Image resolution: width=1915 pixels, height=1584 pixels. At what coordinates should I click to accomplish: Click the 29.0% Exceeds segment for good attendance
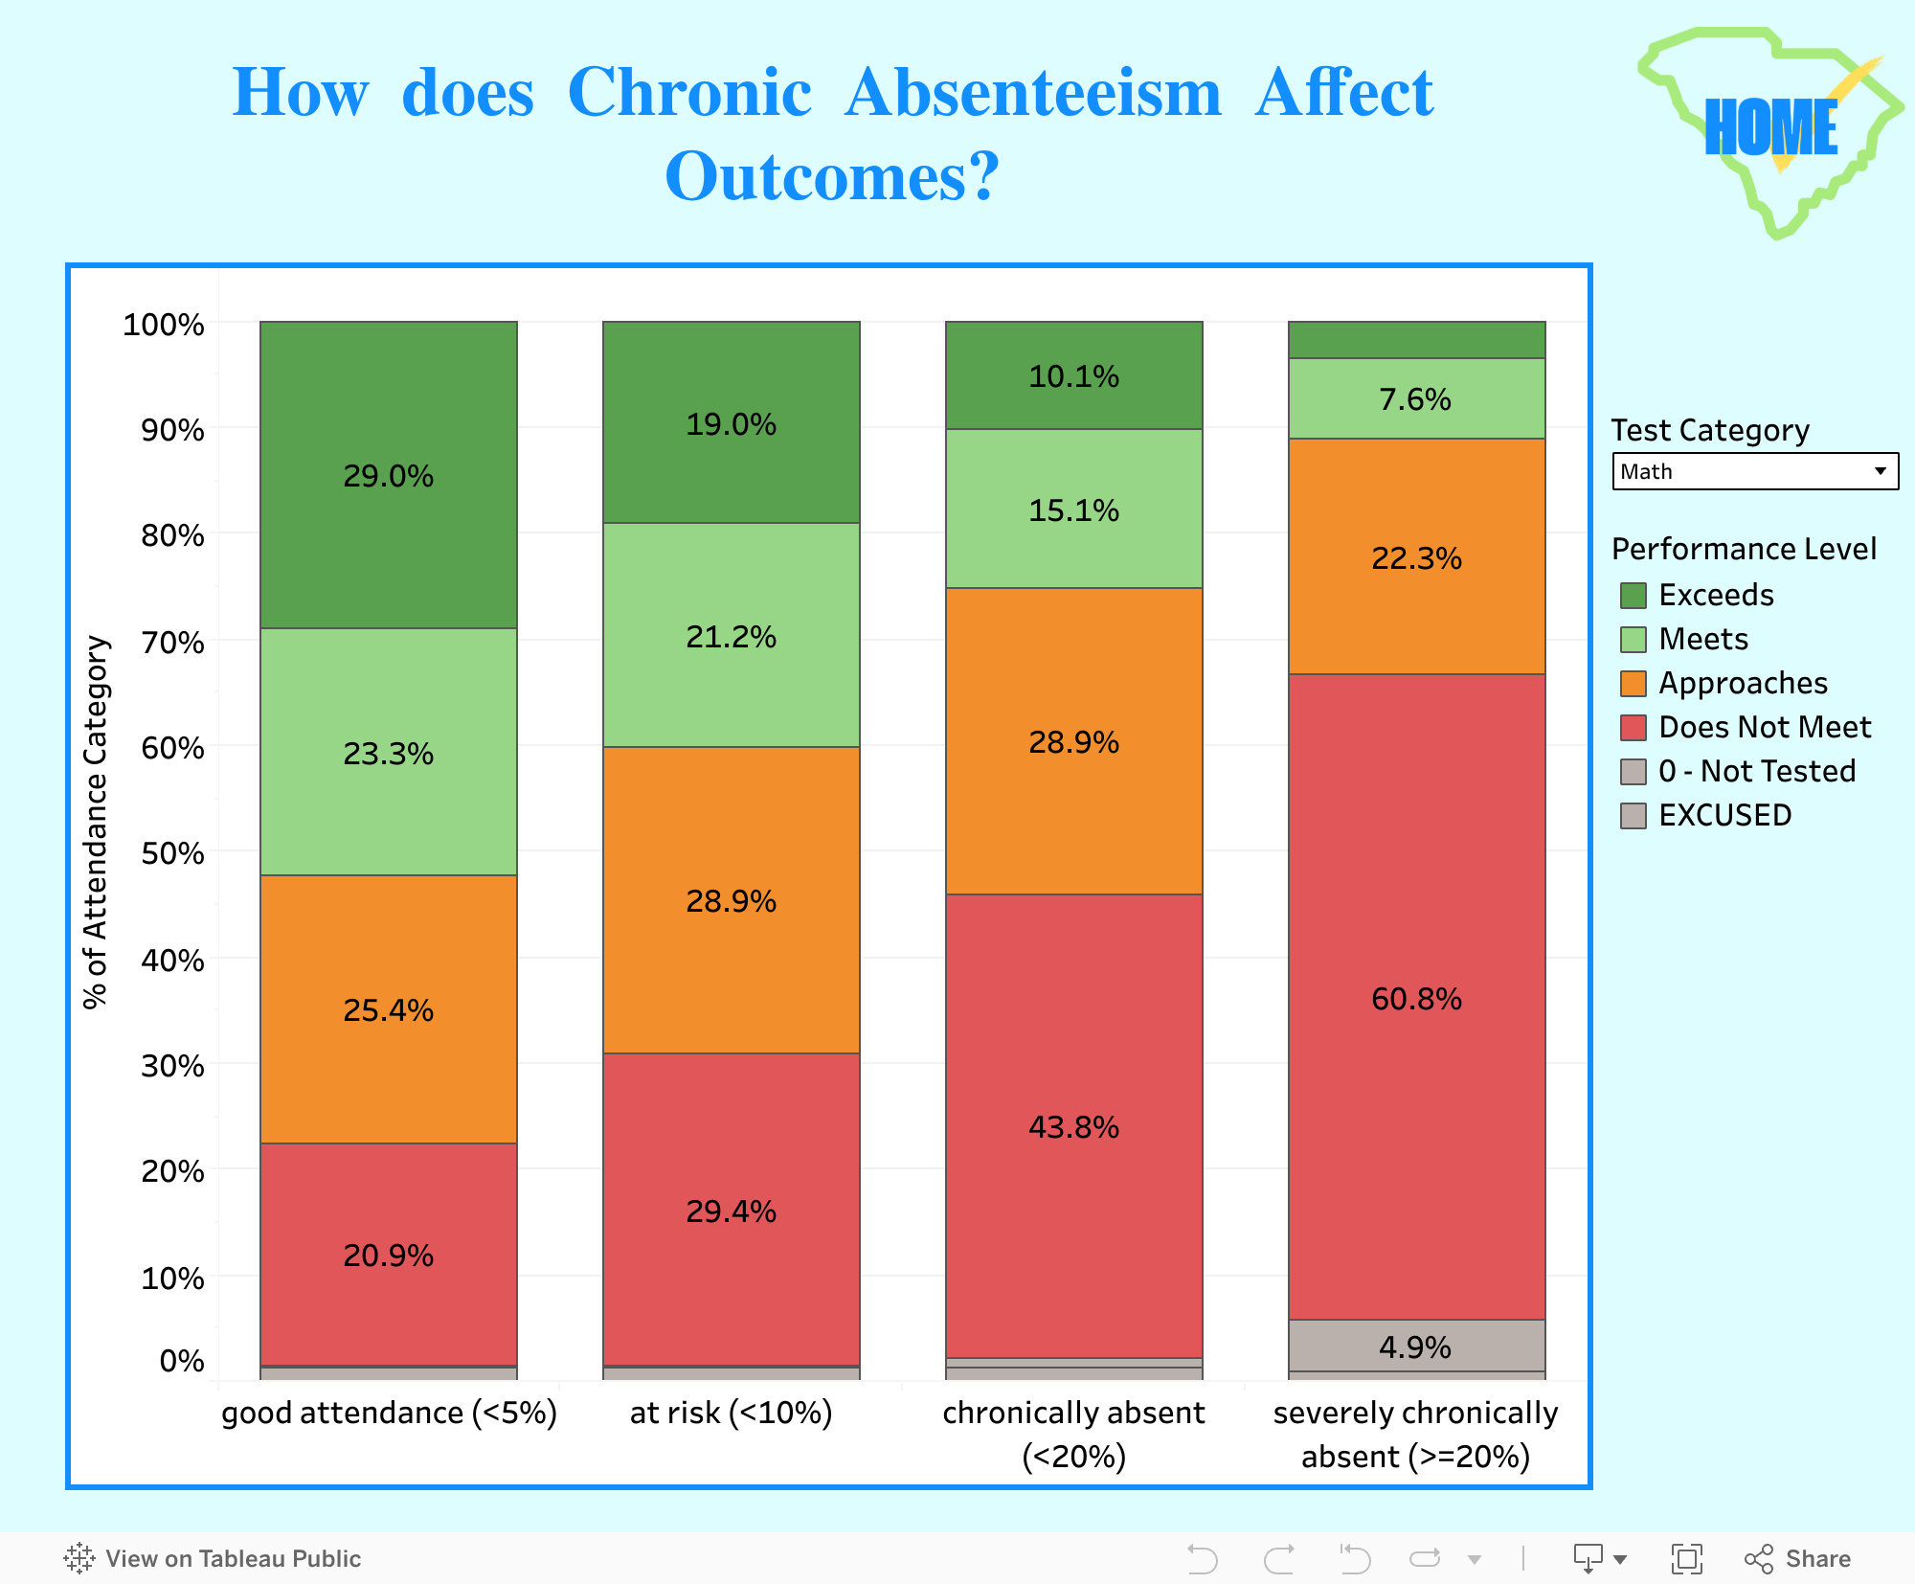(389, 475)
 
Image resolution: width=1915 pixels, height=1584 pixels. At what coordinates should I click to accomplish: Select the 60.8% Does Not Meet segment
(1417, 997)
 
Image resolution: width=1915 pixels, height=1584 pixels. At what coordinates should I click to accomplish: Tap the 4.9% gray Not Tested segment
(1417, 1346)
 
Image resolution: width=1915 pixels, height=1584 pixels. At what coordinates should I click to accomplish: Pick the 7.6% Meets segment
(1417, 398)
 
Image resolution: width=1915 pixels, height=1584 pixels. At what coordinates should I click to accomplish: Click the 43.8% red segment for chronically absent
(1074, 1126)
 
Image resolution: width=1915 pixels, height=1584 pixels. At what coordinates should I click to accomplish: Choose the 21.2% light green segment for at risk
(732, 635)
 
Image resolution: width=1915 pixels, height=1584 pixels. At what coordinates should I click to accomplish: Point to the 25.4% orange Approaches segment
(389, 1009)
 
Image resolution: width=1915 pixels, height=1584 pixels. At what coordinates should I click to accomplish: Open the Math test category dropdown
(1755, 471)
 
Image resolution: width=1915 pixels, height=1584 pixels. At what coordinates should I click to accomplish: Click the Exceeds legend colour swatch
(1633, 596)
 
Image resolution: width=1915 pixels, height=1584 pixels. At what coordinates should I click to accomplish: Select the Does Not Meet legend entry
(1746, 727)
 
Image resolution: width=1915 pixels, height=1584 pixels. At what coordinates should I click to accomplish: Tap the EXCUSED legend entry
(1706, 815)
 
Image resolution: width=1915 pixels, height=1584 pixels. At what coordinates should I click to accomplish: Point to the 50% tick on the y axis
(172, 852)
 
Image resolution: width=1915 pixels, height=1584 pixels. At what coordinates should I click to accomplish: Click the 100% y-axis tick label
(164, 325)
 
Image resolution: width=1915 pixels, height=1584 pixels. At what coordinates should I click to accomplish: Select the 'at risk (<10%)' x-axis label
(732, 1413)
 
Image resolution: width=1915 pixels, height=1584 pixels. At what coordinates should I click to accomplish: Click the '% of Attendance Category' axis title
(96, 822)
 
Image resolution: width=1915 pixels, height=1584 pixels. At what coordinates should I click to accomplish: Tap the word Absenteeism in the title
(1033, 93)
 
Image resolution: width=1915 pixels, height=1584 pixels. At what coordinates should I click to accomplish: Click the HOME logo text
(1771, 127)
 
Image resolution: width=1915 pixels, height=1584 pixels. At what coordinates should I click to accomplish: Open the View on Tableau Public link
(213, 1558)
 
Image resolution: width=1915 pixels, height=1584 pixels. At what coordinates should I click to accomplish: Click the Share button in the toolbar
(1797, 1558)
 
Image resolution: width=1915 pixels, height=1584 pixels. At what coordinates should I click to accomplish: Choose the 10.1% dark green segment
(1074, 375)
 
